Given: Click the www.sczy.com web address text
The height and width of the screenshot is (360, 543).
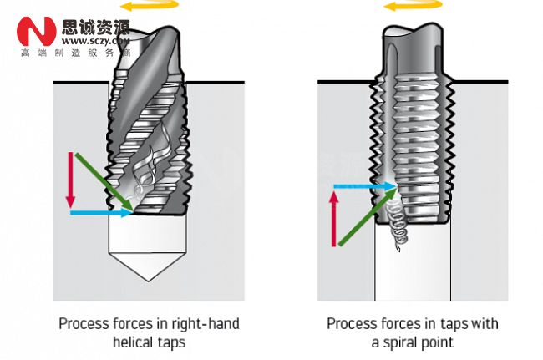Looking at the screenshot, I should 95,40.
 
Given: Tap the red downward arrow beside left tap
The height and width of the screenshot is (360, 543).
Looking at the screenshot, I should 71,180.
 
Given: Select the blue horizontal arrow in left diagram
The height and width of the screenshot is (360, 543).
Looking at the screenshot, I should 100,214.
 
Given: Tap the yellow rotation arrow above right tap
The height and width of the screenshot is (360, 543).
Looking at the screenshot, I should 409,8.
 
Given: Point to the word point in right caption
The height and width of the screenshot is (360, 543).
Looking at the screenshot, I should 440,342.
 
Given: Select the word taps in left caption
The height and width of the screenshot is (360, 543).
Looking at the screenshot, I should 170,342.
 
